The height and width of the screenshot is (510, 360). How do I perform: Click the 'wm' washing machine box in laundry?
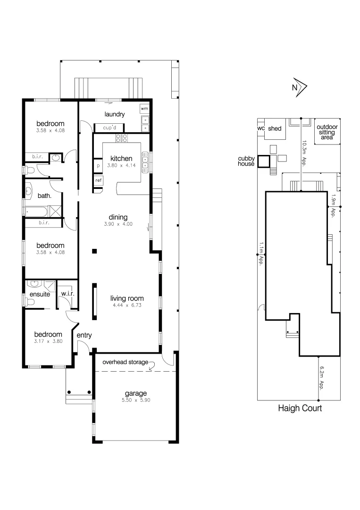(144, 109)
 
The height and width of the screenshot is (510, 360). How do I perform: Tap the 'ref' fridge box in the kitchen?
(99, 180)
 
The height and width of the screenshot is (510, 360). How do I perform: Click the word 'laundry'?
(115, 114)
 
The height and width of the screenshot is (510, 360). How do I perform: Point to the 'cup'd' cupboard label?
(109, 127)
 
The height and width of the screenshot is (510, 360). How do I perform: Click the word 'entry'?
(84, 336)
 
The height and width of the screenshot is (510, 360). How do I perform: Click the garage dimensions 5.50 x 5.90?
(136, 400)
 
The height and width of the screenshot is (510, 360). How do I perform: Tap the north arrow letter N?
(295, 87)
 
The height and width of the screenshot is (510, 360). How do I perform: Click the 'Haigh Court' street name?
(300, 408)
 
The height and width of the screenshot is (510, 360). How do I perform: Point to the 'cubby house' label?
(246, 161)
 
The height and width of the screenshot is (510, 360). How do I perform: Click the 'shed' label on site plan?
(275, 128)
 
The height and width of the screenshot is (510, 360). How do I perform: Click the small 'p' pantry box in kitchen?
(98, 166)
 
